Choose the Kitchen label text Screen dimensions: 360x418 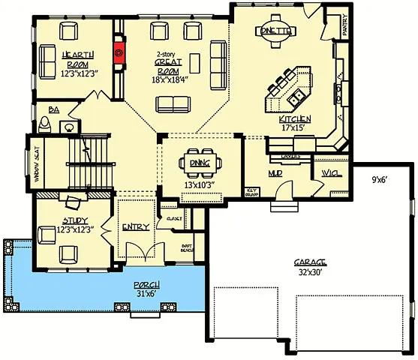click(294, 119)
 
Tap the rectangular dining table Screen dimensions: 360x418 click(200, 163)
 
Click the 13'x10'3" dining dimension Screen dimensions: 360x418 click(200, 184)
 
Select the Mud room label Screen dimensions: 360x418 click(275, 172)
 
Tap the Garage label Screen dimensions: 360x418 click(309, 262)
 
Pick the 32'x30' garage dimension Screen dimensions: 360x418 click(309, 272)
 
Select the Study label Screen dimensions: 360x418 click(75, 220)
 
